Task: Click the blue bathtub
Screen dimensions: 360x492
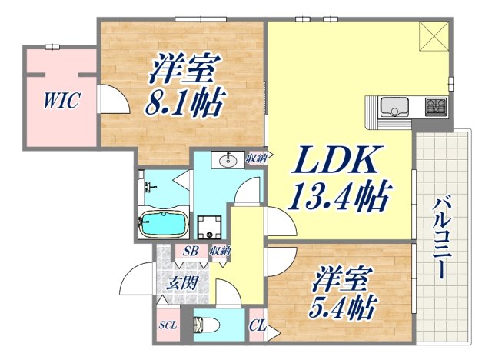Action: click(163, 225)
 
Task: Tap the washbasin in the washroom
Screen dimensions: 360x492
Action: click(228, 161)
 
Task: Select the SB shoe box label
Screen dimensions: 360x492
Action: click(188, 251)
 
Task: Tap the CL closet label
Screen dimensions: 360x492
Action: click(258, 325)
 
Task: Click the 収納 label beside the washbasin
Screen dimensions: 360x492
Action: click(256, 158)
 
